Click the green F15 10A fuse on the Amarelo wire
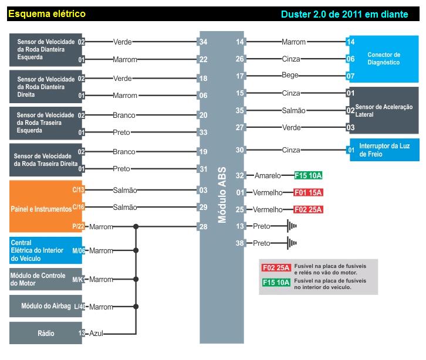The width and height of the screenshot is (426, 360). pyautogui.click(x=309, y=175)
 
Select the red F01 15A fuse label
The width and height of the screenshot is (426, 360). pyautogui.click(x=309, y=192)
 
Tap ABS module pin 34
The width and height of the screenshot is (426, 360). pyautogui.click(x=203, y=42)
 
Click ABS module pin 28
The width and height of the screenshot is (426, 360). pyautogui.click(x=203, y=227)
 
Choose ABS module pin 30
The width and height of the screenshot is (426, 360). pyautogui.click(x=240, y=150)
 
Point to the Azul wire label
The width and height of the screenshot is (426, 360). pyautogui.click(x=96, y=333)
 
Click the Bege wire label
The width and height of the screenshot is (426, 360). pyautogui.click(x=290, y=76)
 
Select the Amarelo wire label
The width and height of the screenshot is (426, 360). pyautogui.click(x=268, y=175)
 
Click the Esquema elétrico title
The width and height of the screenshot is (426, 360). pyautogui.click(x=47, y=13)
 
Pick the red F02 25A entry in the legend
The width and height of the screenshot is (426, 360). pyautogui.click(x=276, y=268)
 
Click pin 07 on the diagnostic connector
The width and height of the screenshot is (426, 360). pyautogui.click(x=350, y=76)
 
